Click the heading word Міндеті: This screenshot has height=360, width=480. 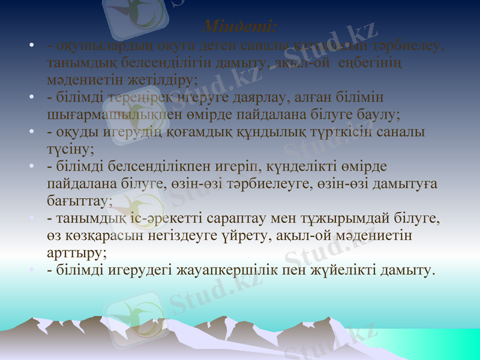[240, 27]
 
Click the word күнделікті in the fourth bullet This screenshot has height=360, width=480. [344, 166]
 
